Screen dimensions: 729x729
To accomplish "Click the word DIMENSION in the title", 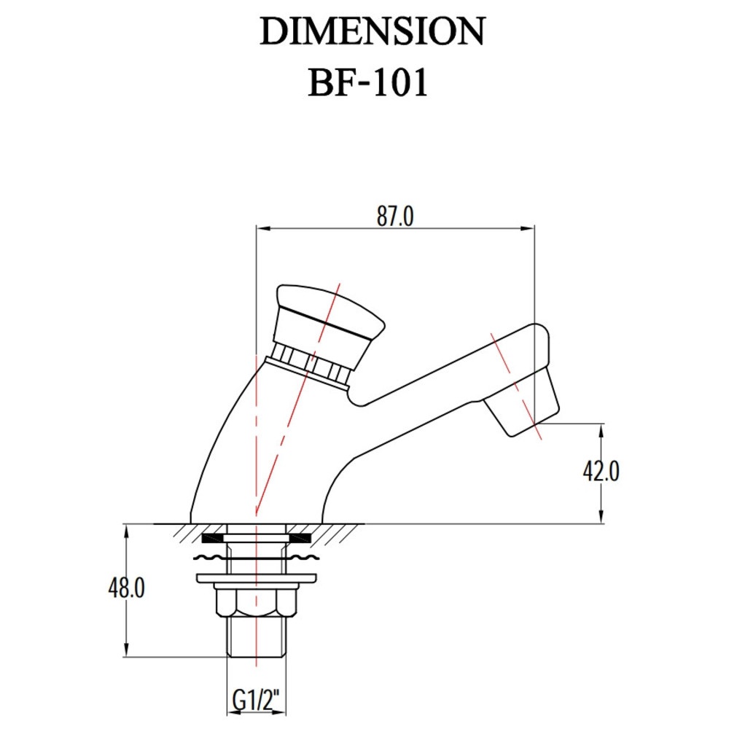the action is pos(373,31).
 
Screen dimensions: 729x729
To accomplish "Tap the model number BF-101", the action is pos(367,83).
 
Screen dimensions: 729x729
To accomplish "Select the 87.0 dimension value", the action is pos(395,217).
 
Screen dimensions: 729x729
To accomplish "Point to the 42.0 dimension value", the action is pos(601,472).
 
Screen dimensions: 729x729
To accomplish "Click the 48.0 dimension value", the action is pos(126,588).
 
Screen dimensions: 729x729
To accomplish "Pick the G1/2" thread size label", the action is pos(256,701).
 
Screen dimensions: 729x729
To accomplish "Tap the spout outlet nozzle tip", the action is pos(520,402).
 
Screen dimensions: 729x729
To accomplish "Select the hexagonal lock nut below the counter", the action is pos(256,603).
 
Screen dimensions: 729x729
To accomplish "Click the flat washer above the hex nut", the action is pos(256,579).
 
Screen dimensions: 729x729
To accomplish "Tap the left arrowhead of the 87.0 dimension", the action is pos(264,228).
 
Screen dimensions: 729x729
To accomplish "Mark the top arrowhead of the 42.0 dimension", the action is pos(601,431).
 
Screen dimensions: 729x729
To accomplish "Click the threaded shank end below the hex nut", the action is pos(256,637).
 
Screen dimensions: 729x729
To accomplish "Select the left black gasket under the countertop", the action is pos(214,538).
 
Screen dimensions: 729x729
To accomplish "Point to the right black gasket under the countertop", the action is pos(299,538).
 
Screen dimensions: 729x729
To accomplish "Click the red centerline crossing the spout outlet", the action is pos(517,386).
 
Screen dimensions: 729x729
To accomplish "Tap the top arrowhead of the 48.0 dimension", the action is pos(126,531).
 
